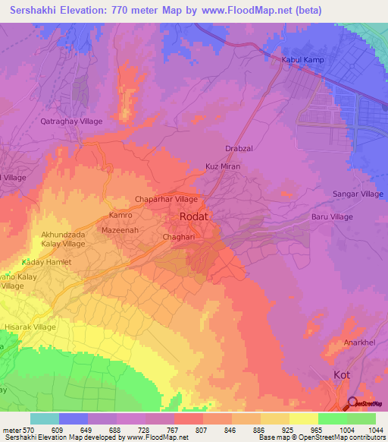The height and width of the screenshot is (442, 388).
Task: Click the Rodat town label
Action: pyautogui.click(x=193, y=217)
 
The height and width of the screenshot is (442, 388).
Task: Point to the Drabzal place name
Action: pyautogui.click(x=239, y=150)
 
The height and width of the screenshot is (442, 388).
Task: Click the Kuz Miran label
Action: pyautogui.click(x=223, y=166)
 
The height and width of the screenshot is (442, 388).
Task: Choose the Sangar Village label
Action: pyautogui.click(x=358, y=194)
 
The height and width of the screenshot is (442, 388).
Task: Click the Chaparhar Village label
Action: pyautogui.click(x=165, y=199)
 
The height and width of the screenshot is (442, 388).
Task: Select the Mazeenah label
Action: pyautogui.click(x=119, y=229)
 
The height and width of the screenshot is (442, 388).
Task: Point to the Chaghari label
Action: pyautogui.click(x=180, y=238)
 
